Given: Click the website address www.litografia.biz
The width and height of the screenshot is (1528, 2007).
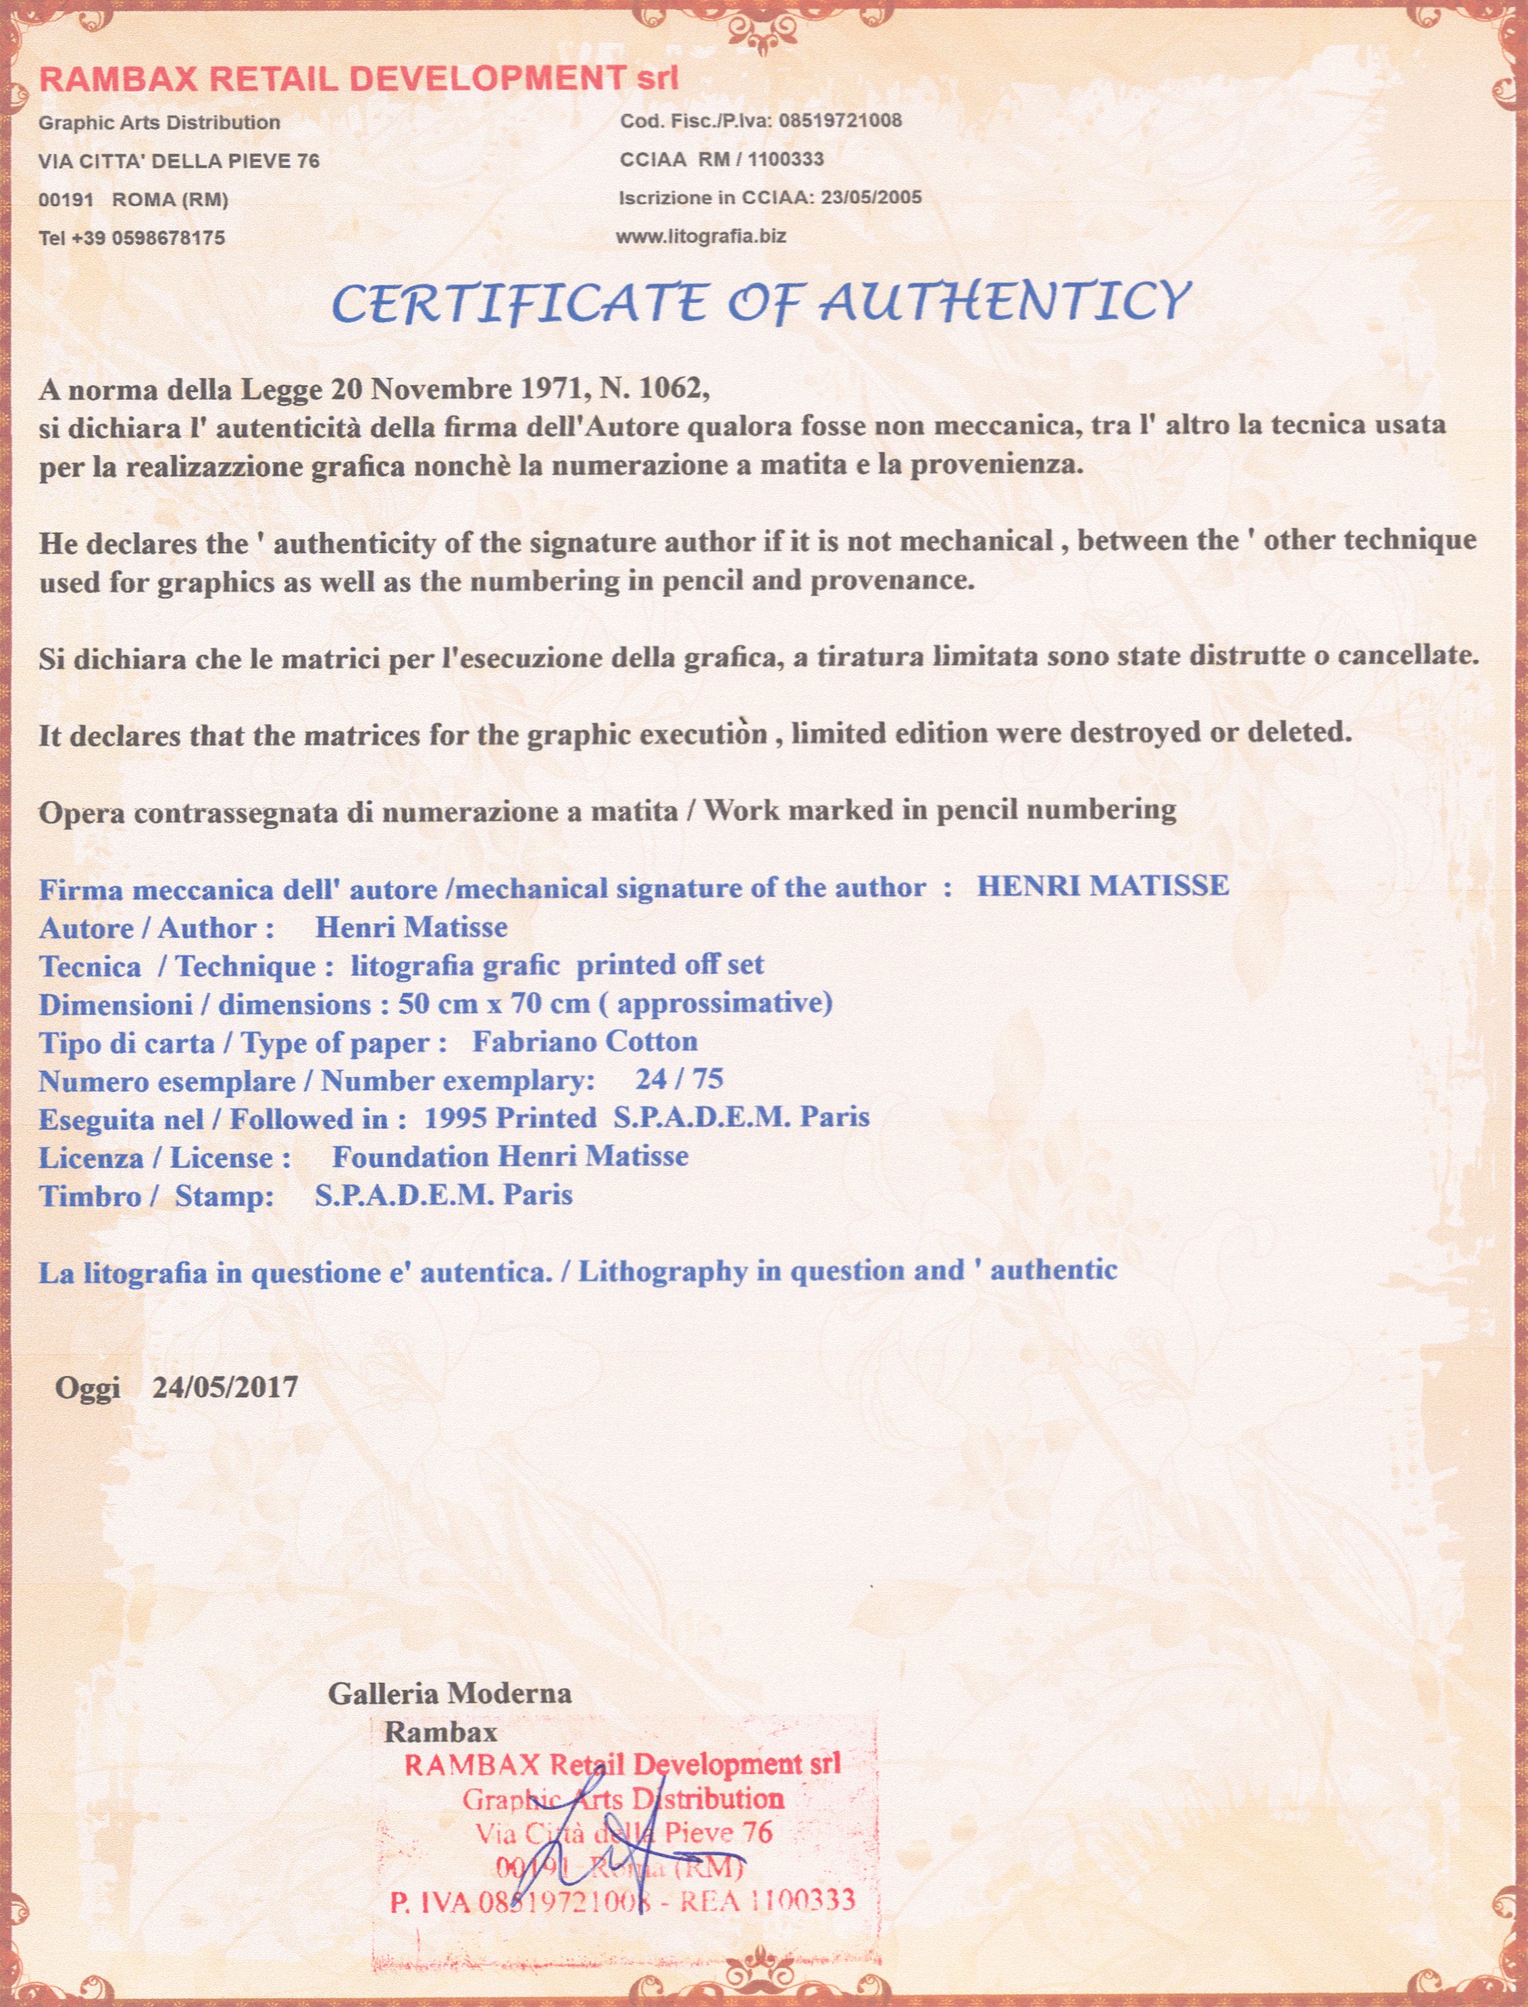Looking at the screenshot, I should (701, 236).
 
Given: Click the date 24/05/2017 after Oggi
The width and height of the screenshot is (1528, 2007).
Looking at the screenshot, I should (225, 1388).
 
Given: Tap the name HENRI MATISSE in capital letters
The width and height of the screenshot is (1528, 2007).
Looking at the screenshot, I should (1102, 886).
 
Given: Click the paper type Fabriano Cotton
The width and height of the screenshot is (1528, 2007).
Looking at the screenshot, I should (585, 1041).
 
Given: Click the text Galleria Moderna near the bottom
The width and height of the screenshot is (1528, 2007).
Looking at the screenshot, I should (449, 1693).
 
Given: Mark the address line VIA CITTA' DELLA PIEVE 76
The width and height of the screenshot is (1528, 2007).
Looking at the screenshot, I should (179, 161).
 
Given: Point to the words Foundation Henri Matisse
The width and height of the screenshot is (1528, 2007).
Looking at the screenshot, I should (509, 1157).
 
